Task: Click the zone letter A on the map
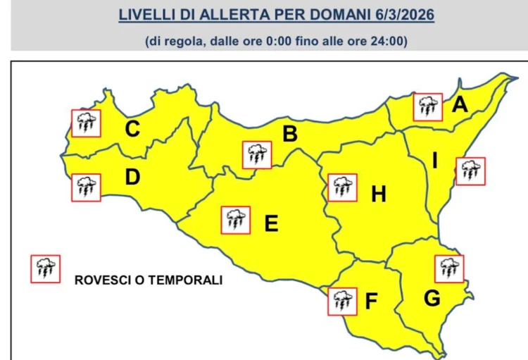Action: (x=460, y=105)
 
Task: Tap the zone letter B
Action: (x=289, y=133)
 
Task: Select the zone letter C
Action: (x=132, y=129)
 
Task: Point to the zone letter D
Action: (x=132, y=178)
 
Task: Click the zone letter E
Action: (x=271, y=224)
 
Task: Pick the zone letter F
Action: (x=372, y=303)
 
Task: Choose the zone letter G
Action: (x=432, y=298)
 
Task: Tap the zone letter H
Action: (x=379, y=194)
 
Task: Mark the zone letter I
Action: (x=435, y=161)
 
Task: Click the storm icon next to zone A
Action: (x=427, y=107)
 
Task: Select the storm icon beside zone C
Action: (x=87, y=123)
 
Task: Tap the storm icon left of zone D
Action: (x=87, y=187)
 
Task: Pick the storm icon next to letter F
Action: (x=343, y=301)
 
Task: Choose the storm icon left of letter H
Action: (x=343, y=187)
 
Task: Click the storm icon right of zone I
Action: (x=470, y=171)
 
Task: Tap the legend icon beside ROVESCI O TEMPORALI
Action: (x=45, y=268)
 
